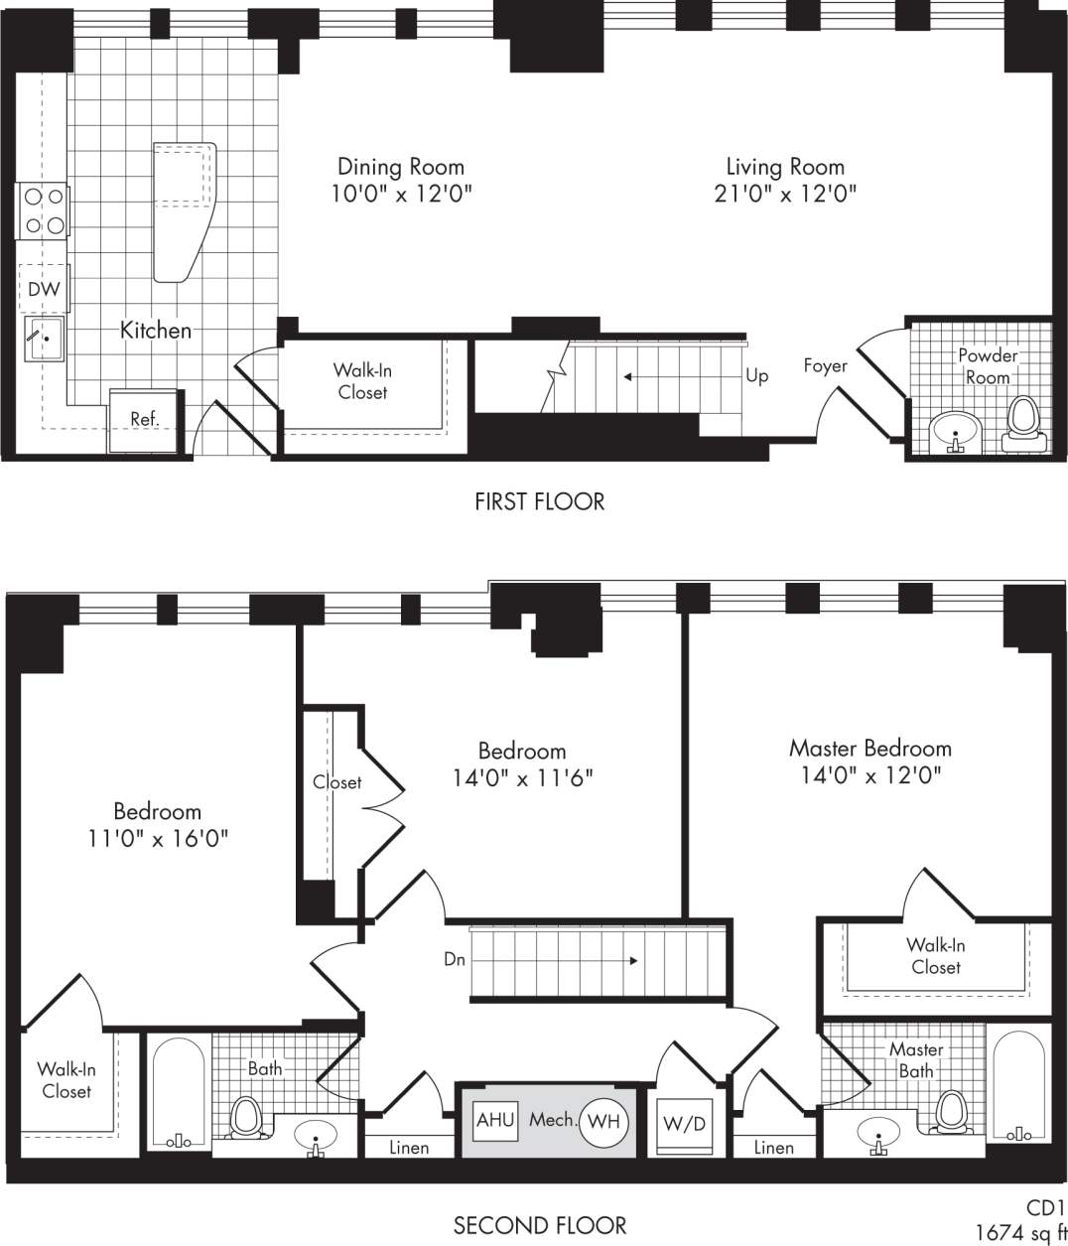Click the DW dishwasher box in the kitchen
click(x=44, y=289)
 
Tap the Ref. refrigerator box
click(x=145, y=419)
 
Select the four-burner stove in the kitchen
click(x=43, y=211)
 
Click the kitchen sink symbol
click(x=45, y=339)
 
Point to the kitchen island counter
click(x=184, y=208)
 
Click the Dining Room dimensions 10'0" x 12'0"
click(x=401, y=194)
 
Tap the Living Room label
click(x=785, y=167)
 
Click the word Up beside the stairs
click(x=756, y=376)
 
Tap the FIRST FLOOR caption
click(x=539, y=501)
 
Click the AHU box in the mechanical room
click(x=495, y=1120)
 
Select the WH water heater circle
click(x=603, y=1122)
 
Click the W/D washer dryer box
click(x=685, y=1123)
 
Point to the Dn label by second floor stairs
click(x=455, y=960)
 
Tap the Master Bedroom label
click(x=869, y=748)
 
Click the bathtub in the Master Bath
click(x=1018, y=1087)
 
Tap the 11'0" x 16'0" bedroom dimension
click(x=158, y=838)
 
